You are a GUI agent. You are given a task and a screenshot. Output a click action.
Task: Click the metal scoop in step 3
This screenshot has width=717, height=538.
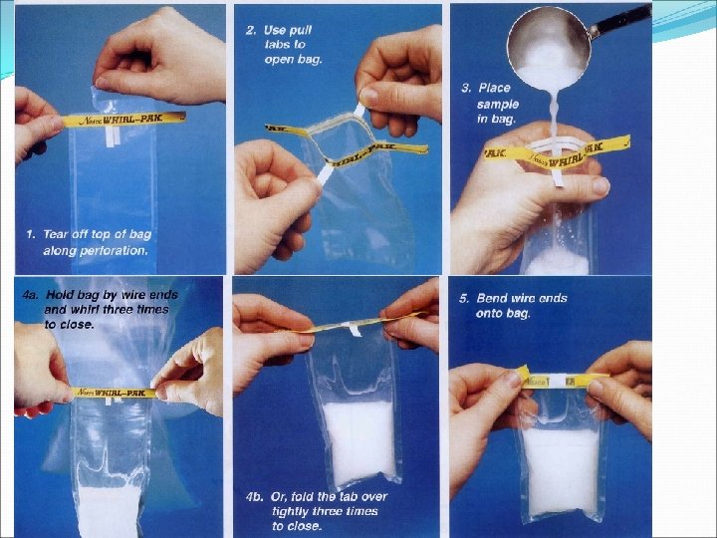(x=549, y=48)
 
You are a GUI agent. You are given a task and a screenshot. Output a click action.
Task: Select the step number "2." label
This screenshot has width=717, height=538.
(x=251, y=31)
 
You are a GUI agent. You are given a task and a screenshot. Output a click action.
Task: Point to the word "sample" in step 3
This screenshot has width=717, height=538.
(x=498, y=105)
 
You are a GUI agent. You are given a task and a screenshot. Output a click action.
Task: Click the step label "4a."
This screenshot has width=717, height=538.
(x=30, y=295)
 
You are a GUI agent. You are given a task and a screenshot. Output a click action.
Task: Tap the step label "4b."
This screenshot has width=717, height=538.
(x=254, y=497)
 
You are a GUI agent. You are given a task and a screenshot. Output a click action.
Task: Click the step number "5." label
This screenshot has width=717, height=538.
(x=464, y=298)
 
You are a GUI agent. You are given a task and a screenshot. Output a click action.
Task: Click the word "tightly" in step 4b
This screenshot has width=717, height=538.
(x=290, y=512)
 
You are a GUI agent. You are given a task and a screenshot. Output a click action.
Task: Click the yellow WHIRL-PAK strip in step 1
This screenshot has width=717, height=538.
(x=123, y=120)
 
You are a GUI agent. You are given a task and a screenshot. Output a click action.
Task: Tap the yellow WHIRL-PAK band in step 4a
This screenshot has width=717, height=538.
(x=115, y=393)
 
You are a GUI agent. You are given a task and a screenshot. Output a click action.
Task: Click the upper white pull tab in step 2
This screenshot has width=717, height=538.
(x=359, y=111)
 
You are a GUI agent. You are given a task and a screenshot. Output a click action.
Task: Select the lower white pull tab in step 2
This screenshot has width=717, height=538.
(x=326, y=174)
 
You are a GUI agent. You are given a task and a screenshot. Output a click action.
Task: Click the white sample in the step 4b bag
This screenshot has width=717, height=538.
(x=359, y=442)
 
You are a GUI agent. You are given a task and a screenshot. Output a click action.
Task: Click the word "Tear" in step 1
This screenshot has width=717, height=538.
(x=55, y=234)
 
